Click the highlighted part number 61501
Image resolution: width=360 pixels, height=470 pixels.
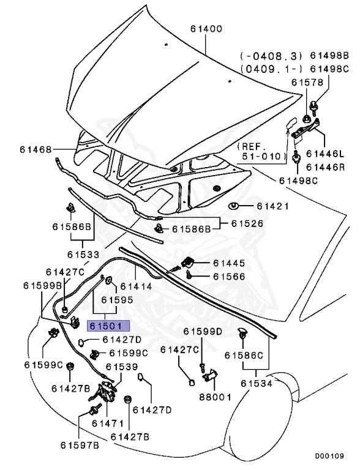[107, 326]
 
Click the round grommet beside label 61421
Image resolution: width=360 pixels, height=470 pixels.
[233, 204]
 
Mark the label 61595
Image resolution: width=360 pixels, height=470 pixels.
[117, 300]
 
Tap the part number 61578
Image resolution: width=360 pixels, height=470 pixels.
[308, 82]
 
